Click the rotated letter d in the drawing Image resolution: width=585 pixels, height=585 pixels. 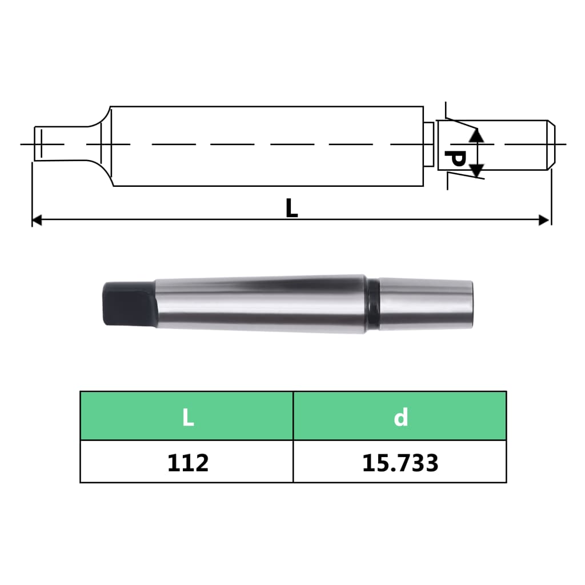coord(454,159)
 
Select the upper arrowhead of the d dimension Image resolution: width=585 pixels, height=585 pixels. coord(476,135)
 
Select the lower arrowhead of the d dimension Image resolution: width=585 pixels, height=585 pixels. coord(476,170)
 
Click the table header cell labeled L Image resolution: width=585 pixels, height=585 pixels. coord(187,416)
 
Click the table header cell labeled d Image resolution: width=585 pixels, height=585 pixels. coord(400,416)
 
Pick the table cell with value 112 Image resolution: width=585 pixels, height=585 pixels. coord(187,462)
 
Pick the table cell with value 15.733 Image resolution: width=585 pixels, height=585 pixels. coord(400,462)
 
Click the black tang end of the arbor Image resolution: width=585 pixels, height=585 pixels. coord(127,303)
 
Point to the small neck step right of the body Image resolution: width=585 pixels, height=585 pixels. coord(427,144)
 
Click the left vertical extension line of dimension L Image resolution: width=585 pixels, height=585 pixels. coord(32,194)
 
